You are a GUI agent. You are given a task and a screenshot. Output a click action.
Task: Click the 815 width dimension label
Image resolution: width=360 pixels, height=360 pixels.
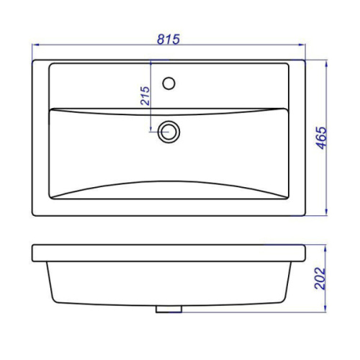point(168,40)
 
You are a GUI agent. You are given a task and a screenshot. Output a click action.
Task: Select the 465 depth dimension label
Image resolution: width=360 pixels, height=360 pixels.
point(322,138)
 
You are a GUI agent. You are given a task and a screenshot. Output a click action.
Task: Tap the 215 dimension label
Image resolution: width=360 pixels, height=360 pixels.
point(145,96)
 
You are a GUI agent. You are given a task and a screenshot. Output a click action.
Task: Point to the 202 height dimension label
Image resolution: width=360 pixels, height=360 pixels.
point(320,278)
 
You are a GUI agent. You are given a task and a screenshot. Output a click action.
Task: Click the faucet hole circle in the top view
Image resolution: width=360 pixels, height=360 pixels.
point(168,84)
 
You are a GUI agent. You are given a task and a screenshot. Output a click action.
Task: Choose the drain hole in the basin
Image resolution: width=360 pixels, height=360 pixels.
point(168,132)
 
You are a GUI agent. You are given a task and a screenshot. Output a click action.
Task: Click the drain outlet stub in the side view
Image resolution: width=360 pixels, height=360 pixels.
point(168,309)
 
